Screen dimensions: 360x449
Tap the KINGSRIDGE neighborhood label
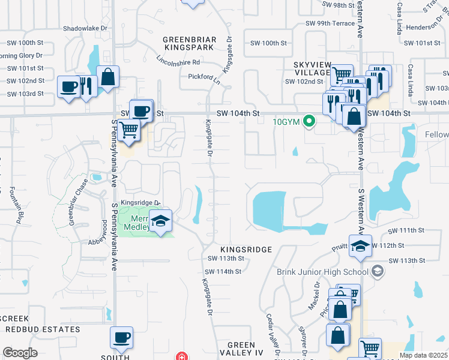(x=246, y=248)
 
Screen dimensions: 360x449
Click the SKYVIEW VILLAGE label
(x=312, y=68)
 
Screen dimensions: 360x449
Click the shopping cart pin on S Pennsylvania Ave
(x=128, y=129)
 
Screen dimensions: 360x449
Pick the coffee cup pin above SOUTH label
(x=122, y=338)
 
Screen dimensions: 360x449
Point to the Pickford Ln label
(x=200, y=77)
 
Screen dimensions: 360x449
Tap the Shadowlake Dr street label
(x=85, y=28)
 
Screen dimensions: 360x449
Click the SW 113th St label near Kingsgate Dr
(x=225, y=259)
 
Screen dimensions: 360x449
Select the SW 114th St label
(x=224, y=271)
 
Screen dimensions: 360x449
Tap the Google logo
(x=20, y=353)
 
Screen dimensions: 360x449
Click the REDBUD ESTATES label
(x=43, y=329)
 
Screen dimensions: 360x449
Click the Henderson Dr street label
(x=422, y=27)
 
